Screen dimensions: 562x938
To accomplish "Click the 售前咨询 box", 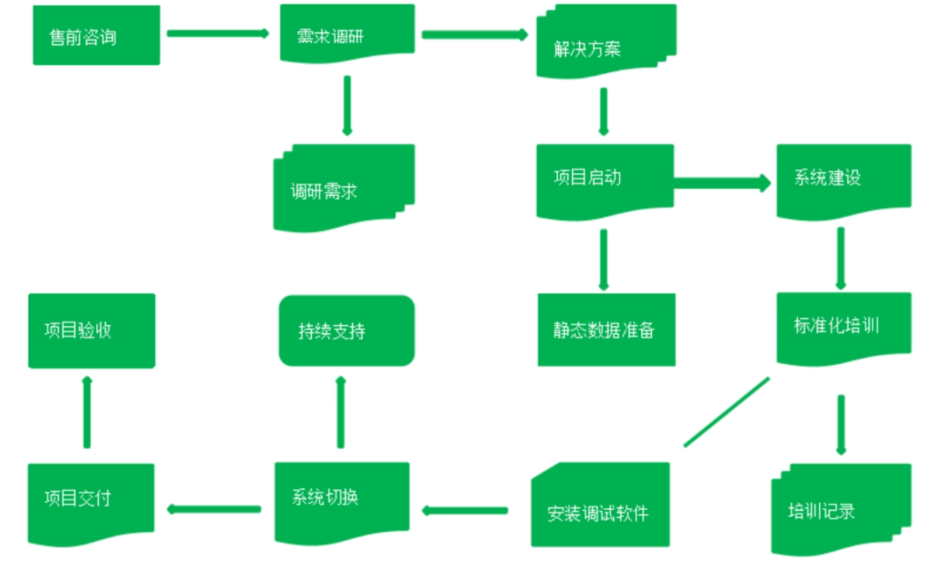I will (96, 36).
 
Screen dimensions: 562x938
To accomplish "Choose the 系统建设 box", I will (843, 179).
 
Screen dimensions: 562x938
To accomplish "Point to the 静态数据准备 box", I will (606, 330).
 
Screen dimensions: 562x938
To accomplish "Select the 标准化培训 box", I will (843, 326).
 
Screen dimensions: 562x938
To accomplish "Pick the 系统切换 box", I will (342, 500).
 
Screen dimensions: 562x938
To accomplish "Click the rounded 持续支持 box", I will (346, 331).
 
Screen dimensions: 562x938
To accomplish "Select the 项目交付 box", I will (91, 501).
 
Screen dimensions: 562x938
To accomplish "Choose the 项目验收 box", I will (92, 330).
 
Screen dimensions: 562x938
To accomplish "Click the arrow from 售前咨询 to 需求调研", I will (217, 33).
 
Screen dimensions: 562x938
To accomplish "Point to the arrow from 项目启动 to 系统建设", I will (722, 183).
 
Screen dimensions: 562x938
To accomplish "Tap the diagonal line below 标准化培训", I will (726, 412).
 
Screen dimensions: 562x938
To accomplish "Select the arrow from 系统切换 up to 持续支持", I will (341, 412).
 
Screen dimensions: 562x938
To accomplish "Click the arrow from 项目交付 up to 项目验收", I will (87, 412).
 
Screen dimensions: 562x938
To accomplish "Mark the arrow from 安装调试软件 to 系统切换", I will (465, 511).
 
